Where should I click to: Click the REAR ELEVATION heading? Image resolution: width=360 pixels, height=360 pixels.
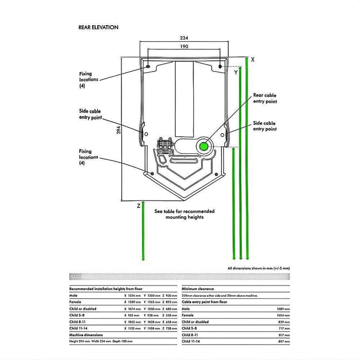pyautogui.click(x=98, y=27)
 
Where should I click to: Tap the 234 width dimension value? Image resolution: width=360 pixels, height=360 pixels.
pyautogui.click(x=184, y=38)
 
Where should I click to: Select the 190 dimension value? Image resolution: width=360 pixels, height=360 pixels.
pyautogui.click(x=184, y=46)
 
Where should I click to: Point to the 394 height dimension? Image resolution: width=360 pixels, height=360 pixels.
pyautogui.click(x=118, y=131)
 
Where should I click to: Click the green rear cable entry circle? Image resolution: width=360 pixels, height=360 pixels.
pyautogui.click(x=204, y=147)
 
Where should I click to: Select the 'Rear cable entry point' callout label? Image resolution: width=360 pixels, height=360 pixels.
pyautogui.click(x=265, y=98)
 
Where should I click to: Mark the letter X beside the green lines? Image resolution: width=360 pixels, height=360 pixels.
pyautogui.click(x=253, y=60)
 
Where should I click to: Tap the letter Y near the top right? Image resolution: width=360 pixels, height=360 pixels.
pyautogui.click(x=236, y=73)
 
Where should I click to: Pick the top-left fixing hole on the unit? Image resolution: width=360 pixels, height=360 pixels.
pyautogui.click(x=148, y=67)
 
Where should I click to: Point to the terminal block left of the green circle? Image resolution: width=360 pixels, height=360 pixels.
pyautogui.click(x=166, y=145)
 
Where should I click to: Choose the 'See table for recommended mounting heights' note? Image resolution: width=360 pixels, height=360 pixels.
pyautogui.click(x=184, y=214)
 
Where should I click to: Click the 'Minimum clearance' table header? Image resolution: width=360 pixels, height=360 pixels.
pyautogui.click(x=197, y=289)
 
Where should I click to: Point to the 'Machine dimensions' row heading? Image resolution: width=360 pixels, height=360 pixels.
pyautogui.click(x=86, y=334)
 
